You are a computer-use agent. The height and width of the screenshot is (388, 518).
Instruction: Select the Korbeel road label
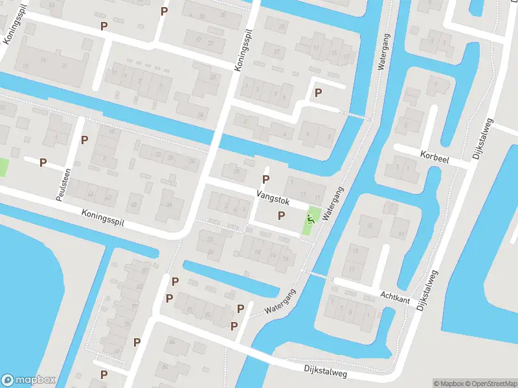(434, 156)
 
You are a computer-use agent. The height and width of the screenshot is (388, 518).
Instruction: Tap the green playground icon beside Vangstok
(311, 219)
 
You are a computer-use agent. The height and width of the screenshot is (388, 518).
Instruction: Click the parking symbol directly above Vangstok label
(265, 179)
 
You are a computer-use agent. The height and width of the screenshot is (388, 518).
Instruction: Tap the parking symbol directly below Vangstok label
(282, 215)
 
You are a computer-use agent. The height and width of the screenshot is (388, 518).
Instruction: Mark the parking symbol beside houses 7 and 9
(318, 93)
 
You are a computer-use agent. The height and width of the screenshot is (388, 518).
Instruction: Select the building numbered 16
(286, 259)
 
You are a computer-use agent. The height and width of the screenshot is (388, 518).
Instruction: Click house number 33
(210, 239)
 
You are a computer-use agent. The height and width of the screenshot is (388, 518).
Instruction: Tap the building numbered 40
(134, 205)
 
